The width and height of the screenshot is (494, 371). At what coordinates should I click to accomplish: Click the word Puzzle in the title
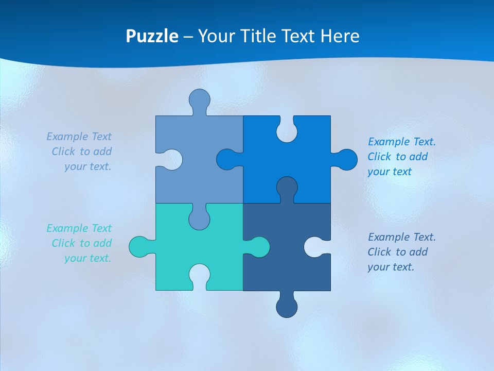[152, 36]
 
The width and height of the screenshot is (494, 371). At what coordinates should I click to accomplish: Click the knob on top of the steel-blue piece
[199, 98]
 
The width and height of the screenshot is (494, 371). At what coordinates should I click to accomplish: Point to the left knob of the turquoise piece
[138, 247]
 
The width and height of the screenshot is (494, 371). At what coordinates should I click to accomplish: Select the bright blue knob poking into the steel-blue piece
[226, 160]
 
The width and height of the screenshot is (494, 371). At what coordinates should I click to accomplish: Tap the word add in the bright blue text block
[418, 157]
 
